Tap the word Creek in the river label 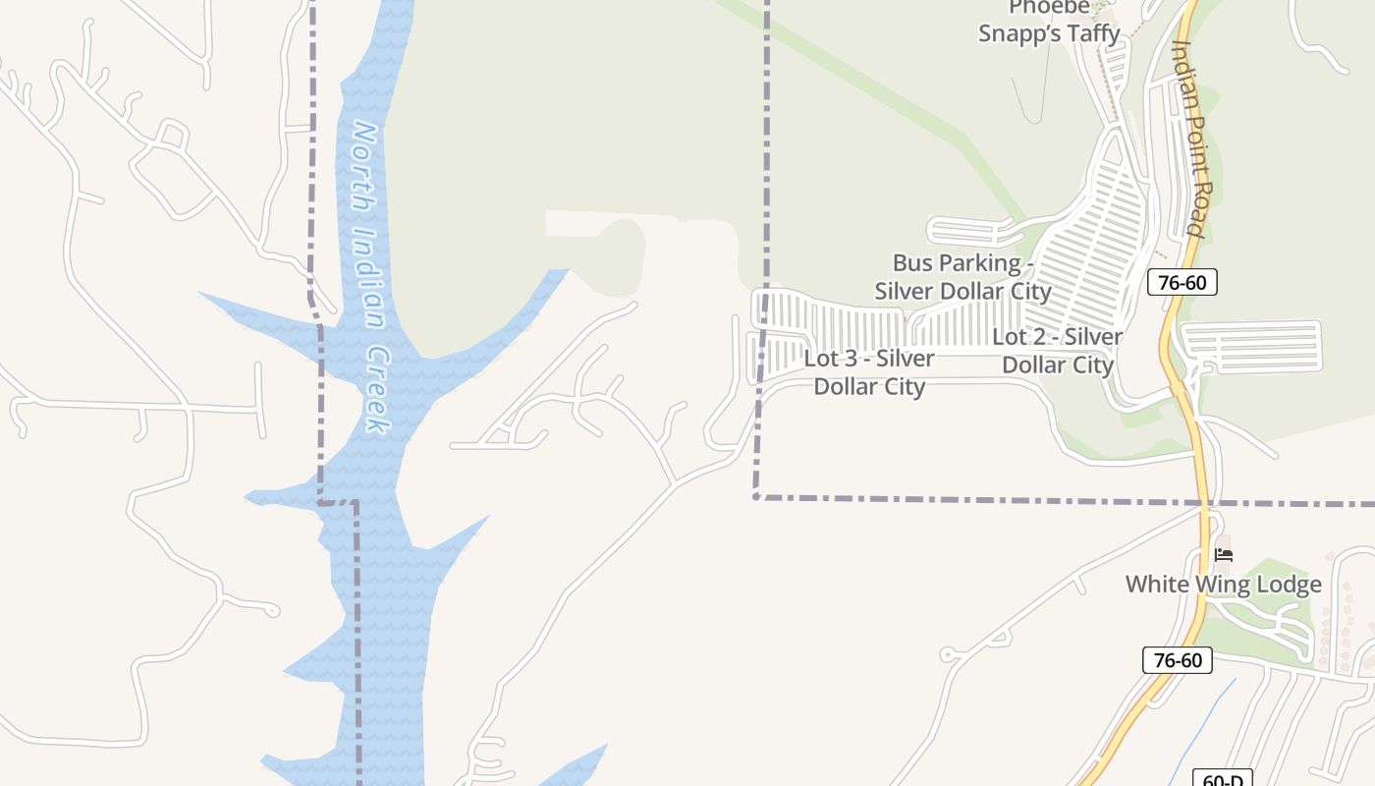[x=375, y=390]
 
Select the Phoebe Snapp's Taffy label [x=1049, y=21]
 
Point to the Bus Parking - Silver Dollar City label [x=962, y=277]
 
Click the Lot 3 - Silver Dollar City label [x=869, y=372]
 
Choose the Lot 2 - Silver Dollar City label [x=1058, y=351]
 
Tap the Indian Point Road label [x=1189, y=138]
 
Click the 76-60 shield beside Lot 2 [x=1182, y=283]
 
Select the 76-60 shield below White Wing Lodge [x=1178, y=660]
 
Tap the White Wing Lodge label [x=1223, y=585]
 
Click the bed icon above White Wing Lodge [x=1224, y=555]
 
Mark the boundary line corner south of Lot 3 [x=757, y=497]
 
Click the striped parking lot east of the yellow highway [x=1252, y=347]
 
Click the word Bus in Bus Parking [x=910, y=263]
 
